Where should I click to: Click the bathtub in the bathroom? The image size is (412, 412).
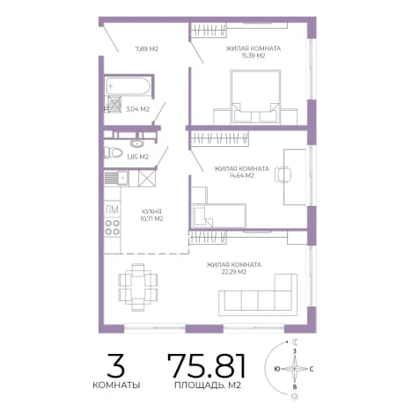point(128,86)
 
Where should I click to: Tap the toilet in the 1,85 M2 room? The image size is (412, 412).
point(114,152)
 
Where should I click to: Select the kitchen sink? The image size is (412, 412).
point(116,178)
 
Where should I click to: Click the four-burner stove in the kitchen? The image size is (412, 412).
point(113,227)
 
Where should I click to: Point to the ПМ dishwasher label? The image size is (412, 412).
point(112,210)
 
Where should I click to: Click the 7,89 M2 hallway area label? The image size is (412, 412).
point(147,48)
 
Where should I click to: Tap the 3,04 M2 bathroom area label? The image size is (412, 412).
point(137,109)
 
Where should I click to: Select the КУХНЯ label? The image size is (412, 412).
point(151,211)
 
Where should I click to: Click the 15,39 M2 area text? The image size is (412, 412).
point(253,55)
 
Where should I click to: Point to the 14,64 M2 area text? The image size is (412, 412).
point(241,175)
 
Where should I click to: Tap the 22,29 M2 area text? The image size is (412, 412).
point(233,272)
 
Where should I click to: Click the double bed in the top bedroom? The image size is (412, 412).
point(255,97)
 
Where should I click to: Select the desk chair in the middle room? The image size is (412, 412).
point(283,174)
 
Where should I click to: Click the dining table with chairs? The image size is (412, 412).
point(138,287)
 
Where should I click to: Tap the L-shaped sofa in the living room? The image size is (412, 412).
point(258,295)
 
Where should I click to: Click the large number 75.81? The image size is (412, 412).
point(206,365)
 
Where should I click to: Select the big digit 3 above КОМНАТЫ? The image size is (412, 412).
point(115,365)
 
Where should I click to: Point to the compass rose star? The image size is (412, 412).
point(295,369)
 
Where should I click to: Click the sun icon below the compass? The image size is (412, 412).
point(294,397)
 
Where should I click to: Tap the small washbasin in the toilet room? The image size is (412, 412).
point(136,143)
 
